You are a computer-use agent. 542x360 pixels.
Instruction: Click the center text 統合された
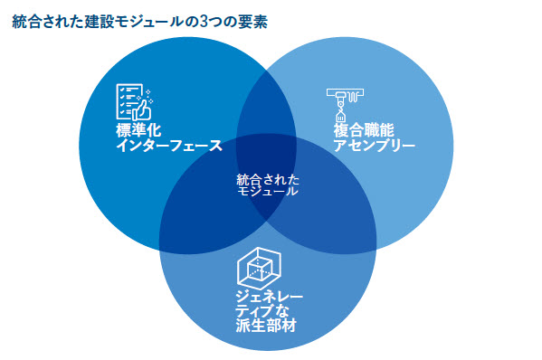point(267,178)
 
